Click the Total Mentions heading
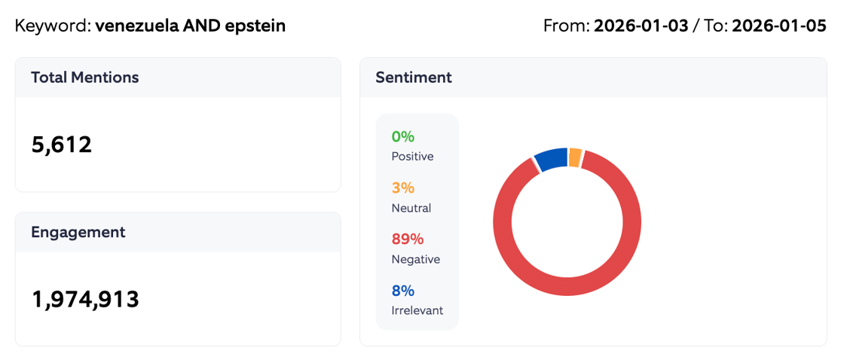coord(84,77)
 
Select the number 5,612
coord(62,144)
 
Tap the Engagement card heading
coord(78,232)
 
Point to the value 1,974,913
coord(85,299)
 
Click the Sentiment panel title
coord(413,77)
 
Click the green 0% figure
coord(403,136)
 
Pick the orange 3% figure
coord(403,188)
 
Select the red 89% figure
coord(408,239)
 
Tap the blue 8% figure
coord(403,291)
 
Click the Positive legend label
coord(412,157)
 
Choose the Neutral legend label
coord(411,208)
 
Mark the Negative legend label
coord(415,259)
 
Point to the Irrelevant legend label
coord(417,310)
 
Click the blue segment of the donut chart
coord(551,158)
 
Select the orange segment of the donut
coord(575,157)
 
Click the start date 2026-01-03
coord(641,26)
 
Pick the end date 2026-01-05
coord(779,26)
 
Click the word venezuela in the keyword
coord(136,26)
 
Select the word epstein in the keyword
coord(255,26)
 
